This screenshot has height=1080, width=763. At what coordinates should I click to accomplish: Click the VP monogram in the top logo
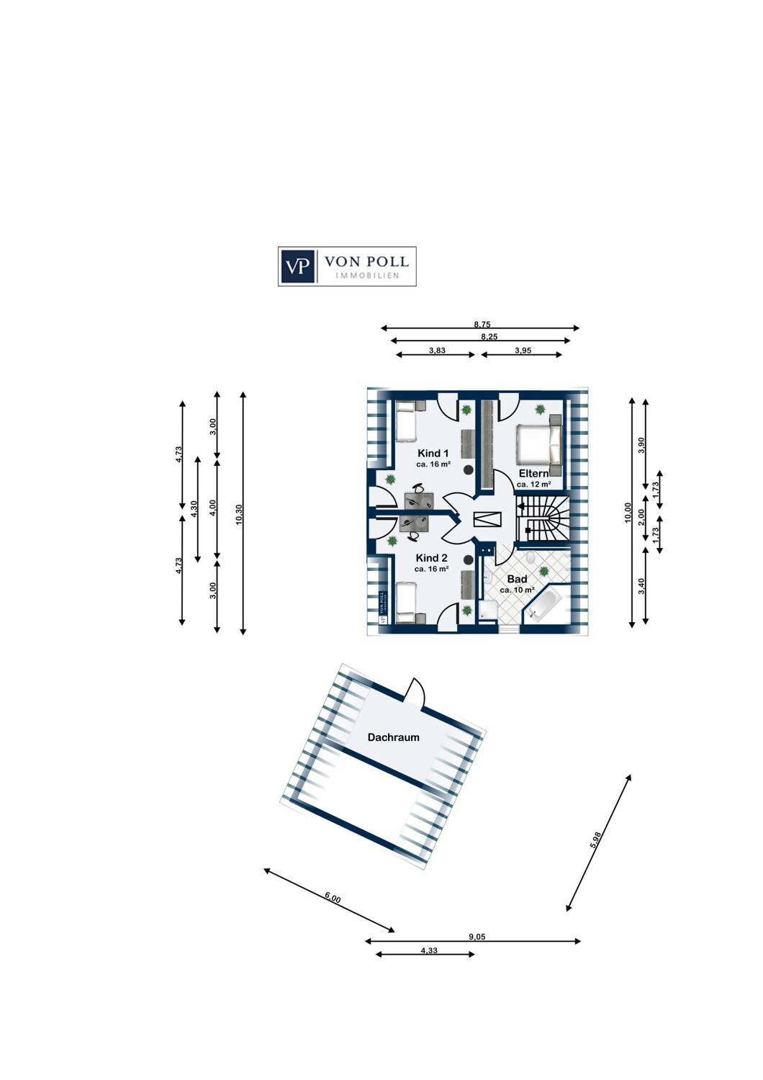pyautogui.click(x=297, y=266)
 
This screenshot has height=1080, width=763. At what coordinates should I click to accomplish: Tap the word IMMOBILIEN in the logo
pyautogui.click(x=367, y=276)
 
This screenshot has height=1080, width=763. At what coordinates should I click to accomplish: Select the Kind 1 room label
pyautogui.click(x=433, y=454)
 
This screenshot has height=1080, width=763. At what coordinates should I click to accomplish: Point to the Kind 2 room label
pyautogui.click(x=431, y=558)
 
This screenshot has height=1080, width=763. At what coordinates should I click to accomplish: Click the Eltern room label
pyautogui.click(x=533, y=474)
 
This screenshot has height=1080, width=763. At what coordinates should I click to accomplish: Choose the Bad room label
pyautogui.click(x=517, y=579)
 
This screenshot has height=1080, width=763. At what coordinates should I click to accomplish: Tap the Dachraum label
pyautogui.click(x=393, y=737)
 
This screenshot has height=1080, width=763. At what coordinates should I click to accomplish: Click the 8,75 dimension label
pyautogui.click(x=482, y=325)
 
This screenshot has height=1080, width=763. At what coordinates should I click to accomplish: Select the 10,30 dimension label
pyautogui.click(x=239, y=513)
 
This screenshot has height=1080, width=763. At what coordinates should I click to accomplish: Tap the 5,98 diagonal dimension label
pyautogui.click(x=595, y=840)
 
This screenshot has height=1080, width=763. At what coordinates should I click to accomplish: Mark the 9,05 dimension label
pyautogui.click(x=477, y=937)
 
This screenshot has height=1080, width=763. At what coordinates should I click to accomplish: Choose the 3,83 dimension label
pyautogui.click(x=437, y=351)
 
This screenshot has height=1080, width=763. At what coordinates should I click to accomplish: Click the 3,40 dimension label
pyautogui.click(x=641, y=586)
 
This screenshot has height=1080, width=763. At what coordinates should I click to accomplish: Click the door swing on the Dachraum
pyautogui.click(x=416, y=693)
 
